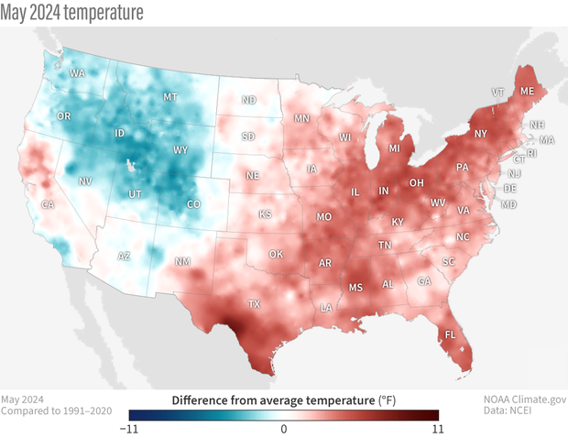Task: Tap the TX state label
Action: tap(254, 304)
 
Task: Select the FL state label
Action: tap(450, 334)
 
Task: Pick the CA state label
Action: tap(48, 205)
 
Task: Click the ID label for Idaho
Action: tap(119, 134)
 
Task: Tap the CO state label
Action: tap(191, 204)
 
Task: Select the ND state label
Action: tap(248, 100)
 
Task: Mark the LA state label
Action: tap(326, 309)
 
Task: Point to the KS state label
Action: tap(265, 214)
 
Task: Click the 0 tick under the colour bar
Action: tap(284, 428)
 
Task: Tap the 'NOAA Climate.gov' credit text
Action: tap(525, 400)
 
